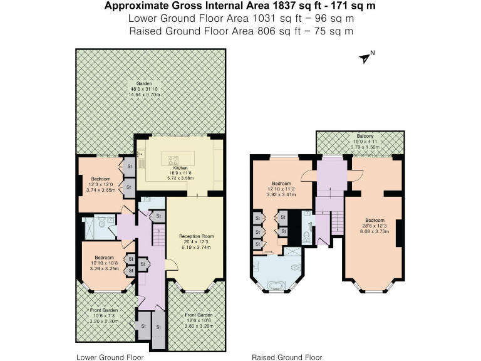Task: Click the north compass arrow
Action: coord(365,58)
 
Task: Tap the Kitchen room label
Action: coord(180,169)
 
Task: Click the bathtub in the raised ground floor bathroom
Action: coord(276,287)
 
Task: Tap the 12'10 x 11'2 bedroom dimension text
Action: coord(281,189)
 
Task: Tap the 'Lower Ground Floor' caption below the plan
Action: coord(110,357)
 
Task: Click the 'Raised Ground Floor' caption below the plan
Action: coord(286,357)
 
